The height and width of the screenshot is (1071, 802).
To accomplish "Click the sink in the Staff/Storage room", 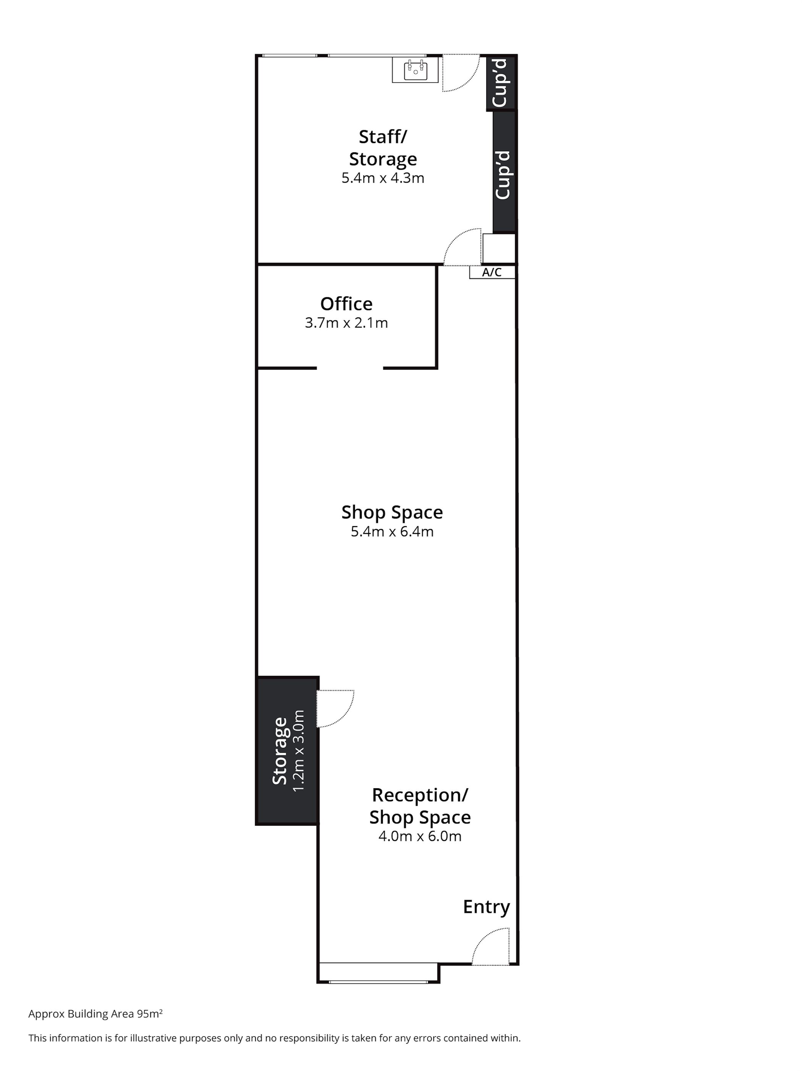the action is pyautogui.click(x=415, y=70).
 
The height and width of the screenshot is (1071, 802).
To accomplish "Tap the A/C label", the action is pyautogui.click(x=492, y=272).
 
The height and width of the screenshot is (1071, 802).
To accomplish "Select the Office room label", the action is pyautogui.click(x=346, y=304).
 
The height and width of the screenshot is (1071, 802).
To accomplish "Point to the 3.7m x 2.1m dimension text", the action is pyautogui.click(x=346, y=322).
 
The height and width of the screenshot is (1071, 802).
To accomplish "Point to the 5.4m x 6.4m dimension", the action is pyautogui.click(x=392, y=531).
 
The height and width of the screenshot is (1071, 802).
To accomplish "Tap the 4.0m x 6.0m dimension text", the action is pyautogui.click(x=420, y=836).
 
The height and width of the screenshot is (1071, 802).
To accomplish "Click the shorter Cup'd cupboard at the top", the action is pyautogui.click(x=501, y=83).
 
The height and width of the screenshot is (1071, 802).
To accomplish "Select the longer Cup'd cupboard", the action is pyautogui.click(x=504, y=172).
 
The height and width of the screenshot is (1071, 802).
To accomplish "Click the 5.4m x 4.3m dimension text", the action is pyautogui.click(x=383, y=178).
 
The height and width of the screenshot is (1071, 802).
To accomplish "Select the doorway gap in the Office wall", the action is pyautogui.click(x=350, y=368).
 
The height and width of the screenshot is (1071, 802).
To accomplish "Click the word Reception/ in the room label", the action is pyautogui.click(x=420, y=796).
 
